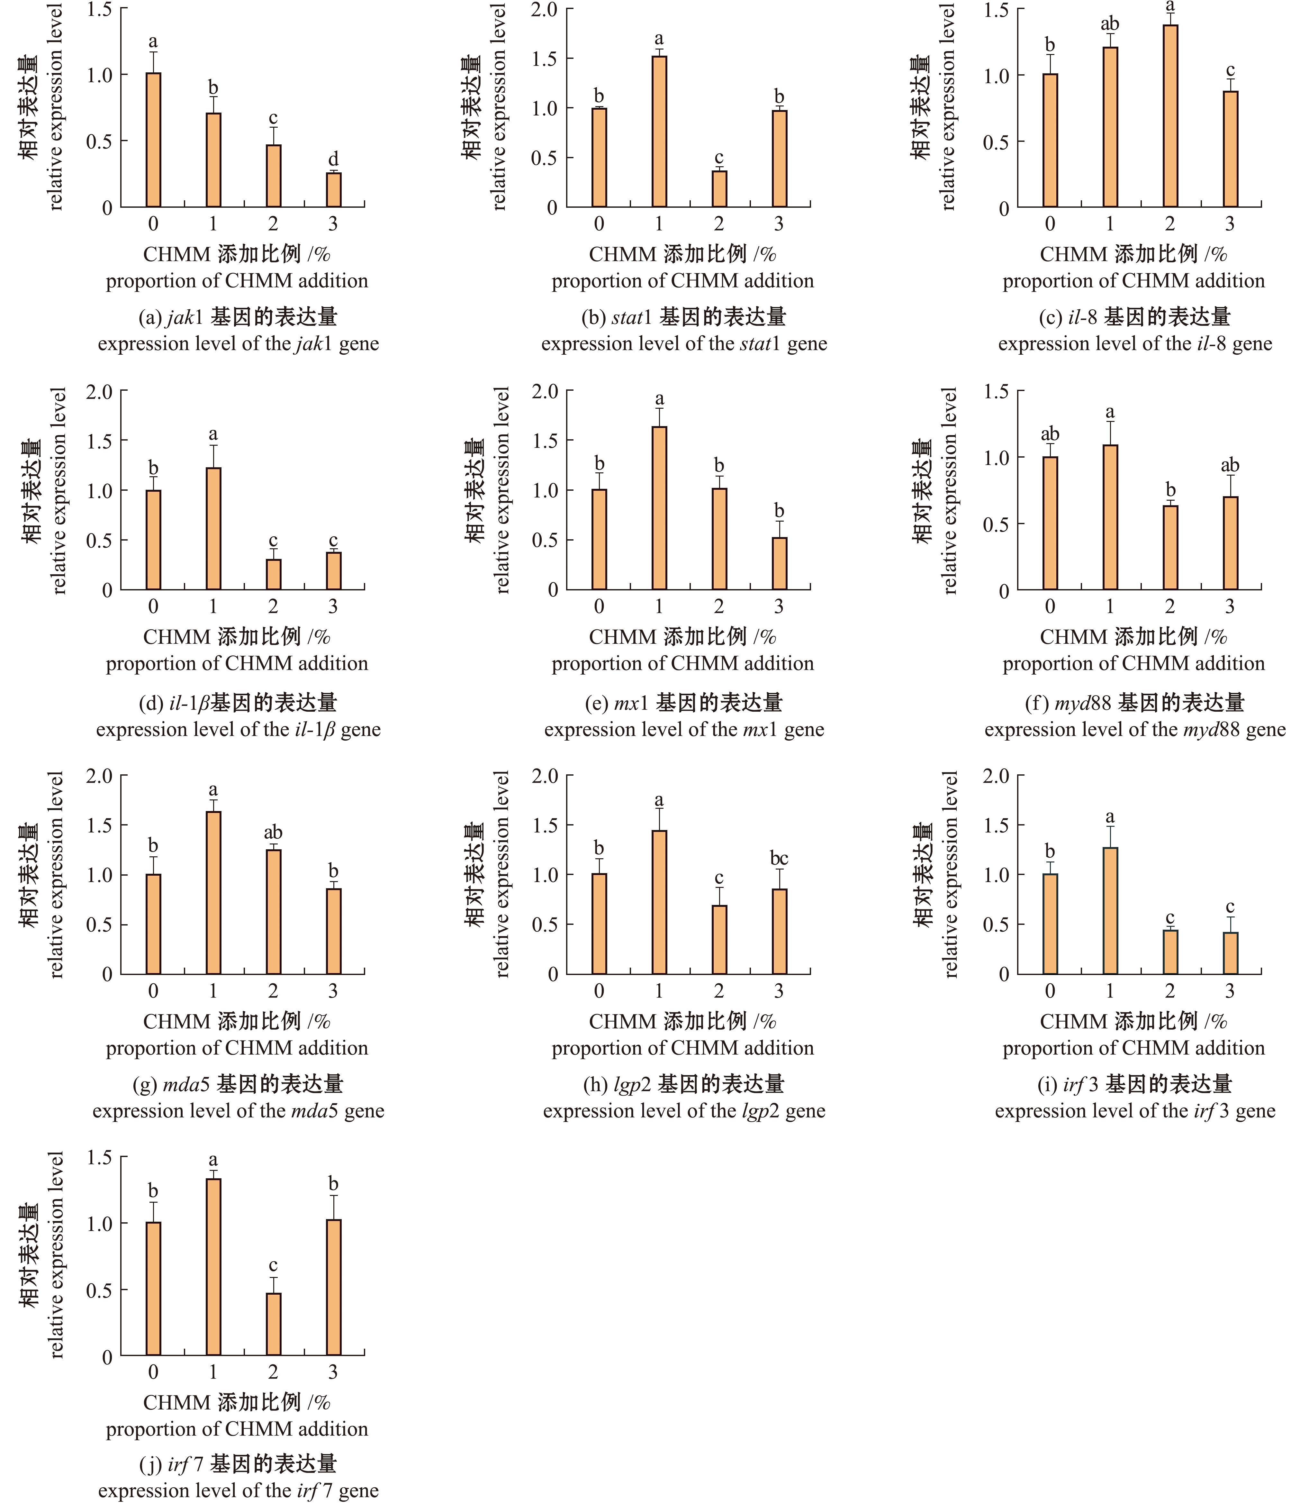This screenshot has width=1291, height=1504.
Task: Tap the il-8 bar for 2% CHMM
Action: pyautogui.click(x=1170, y=116)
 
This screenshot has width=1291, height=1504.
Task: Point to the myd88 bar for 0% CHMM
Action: pyautogui.click(x=1049, y=523)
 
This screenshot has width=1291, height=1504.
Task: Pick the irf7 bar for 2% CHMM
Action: pyautogui.click(x=273, y=1324)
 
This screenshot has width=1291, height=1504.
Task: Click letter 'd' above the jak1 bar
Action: pyautogui.click(x=333, y=159)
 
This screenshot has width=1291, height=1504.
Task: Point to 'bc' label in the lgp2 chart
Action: pyautogui.click(x=779, y=859)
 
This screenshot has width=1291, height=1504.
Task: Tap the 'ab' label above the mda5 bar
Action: pyautogui.click(x=273, y=833)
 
